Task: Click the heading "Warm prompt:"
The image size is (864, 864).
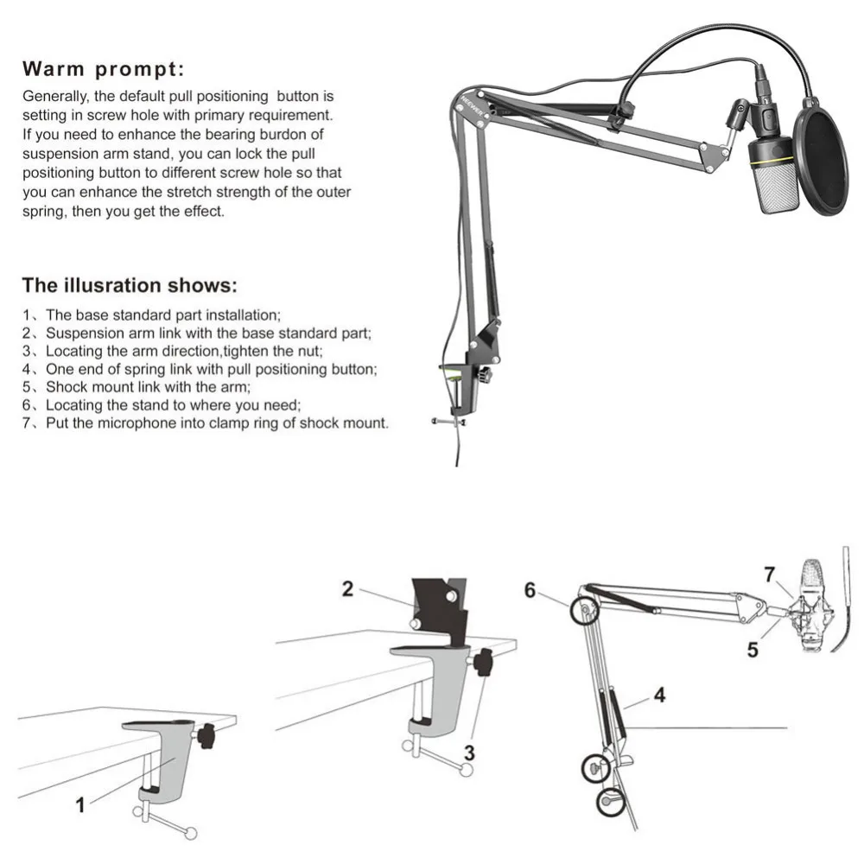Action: [x=103, y=69]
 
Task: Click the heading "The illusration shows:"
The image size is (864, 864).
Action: [x=130, y=285]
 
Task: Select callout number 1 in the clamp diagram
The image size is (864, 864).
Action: [x=80, y=805]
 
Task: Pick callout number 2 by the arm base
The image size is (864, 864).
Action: [x=347, y=589]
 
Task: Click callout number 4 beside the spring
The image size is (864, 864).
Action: [x=659, y=695]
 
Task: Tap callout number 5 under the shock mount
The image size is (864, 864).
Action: [x=753, y=650]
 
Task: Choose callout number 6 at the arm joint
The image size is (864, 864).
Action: [x=530, y=589]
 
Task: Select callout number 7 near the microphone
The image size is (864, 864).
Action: [x=770, y=573]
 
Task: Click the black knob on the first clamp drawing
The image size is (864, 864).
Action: [x=206, y=737]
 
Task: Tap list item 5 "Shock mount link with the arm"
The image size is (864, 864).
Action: [x=147, y=386]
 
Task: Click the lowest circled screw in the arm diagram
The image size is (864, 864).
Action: [x=612, y=802]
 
